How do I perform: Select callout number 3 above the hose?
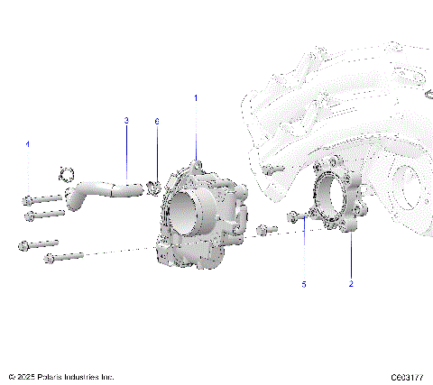pyautogui.click(x=126, y=120)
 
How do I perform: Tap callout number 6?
pyautogui.click(x=157, y=120)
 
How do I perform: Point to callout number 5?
pyautogui.click(x=304, y=284)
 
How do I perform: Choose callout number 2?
pyautogui.click(x=351, y=284)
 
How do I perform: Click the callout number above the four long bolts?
pyautogui.click(x=28, y=144)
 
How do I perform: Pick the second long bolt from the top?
pyautogui.click(x=45, y=215)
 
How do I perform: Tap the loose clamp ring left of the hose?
pyautogui.click(x=65, y=172)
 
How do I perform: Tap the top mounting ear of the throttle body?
pyautogui.click(x=198, y=164)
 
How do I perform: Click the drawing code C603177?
pyautogui.click(x=408, y=377)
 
